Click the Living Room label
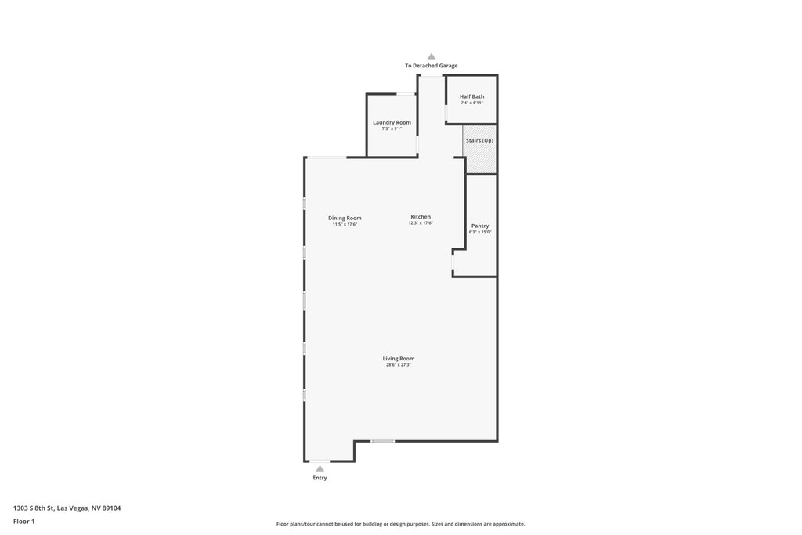[399, 359]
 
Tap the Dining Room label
[345, 218]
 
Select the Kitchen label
[421, 217]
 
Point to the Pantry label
[480, 226]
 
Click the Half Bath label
[471, 96]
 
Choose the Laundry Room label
[392, 122]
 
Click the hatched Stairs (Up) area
[480, 149]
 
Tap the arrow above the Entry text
[320, 468]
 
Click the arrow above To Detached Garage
[432, 56]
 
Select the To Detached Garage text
[432, 66]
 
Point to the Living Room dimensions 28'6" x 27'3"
[399, 365]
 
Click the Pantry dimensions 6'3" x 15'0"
[480, 232]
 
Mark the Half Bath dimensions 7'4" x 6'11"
[471, 103]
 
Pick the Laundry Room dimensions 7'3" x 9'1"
[392, 128]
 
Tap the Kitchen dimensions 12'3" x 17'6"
[421, 223]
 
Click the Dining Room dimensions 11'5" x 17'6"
[345, 224]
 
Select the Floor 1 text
[24, 522]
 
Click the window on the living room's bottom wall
[382, 441]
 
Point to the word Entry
[320, 478]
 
